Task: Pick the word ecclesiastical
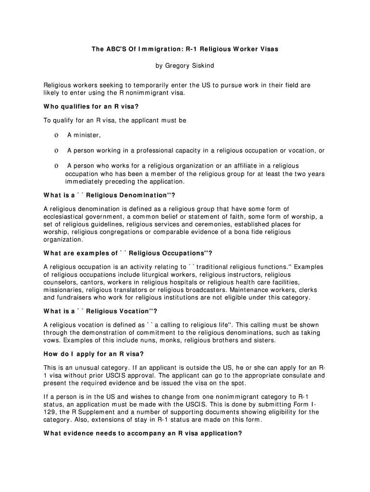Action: pyautogui.click(x=65, y=217)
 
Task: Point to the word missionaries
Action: pyautogui.click(x=63, y=290)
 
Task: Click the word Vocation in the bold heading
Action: pyautogui.click(x=134, y=311)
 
